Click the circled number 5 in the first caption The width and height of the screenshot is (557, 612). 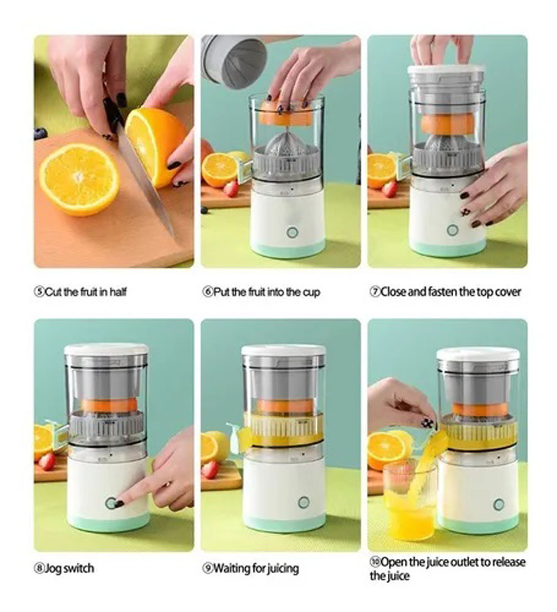tap(39, 292)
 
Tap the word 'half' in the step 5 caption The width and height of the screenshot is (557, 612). tap(118, 292)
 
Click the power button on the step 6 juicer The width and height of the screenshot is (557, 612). tap(292, 233)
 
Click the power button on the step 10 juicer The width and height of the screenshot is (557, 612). tap(498, 505)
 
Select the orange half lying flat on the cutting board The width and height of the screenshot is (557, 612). tap(80, 180)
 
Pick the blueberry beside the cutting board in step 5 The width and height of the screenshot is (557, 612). tap(40, 134)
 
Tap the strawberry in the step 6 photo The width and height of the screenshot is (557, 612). tap(231, 189)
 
